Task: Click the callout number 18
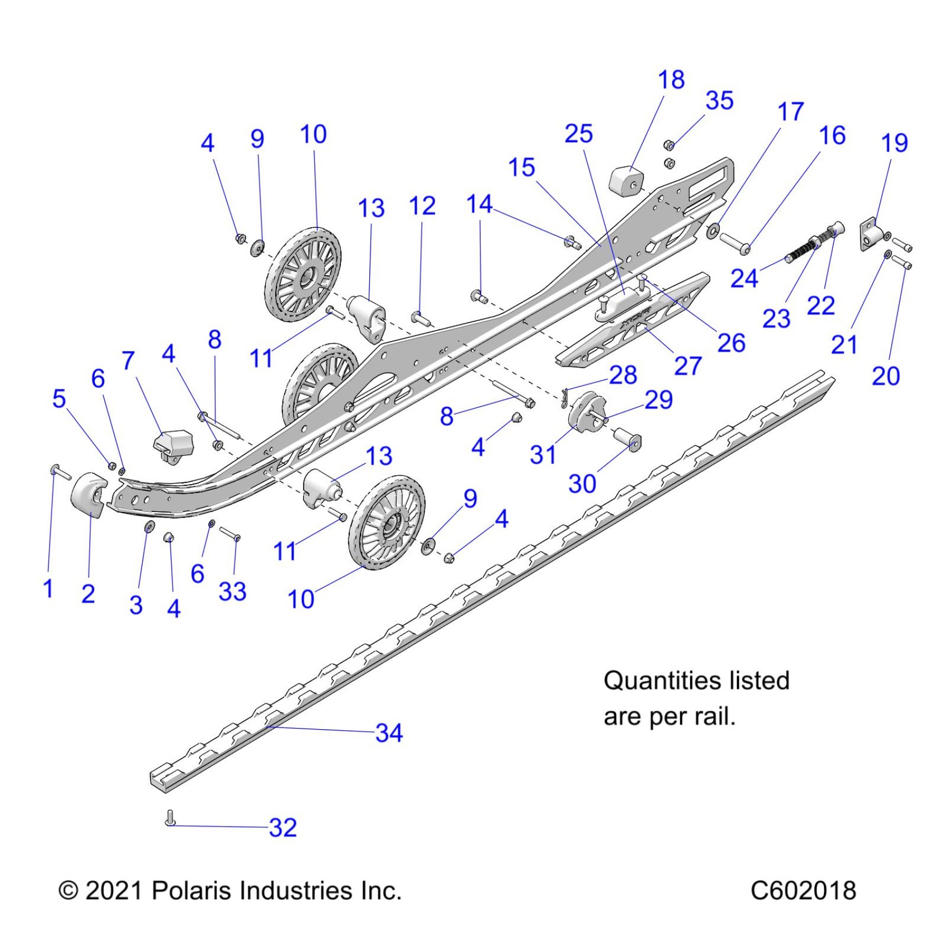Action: click(671, 80)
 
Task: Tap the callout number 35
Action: click(719, 101)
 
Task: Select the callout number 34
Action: click(389, 733)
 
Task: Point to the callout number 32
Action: click(282, 828)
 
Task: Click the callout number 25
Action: click(579, 134)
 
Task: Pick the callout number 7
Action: click(128, 361)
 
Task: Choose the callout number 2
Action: click(88, 594)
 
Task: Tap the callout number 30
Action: click(582, 484)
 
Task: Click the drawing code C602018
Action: click(803, 890)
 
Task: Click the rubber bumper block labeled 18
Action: click(626, 180)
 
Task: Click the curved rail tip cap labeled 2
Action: click(89, 494)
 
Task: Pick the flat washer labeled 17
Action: click(712, 230)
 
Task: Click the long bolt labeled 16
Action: click(734, 243)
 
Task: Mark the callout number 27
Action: click(687, 367)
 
